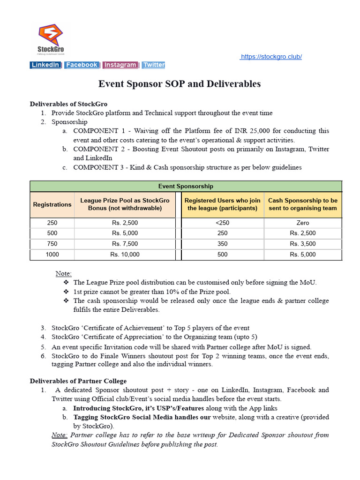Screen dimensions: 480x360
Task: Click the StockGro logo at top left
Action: click(x=51, y=40)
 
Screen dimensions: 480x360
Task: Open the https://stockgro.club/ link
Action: click(x=271, y=57)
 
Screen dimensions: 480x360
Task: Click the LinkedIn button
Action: click(x=45, y=65)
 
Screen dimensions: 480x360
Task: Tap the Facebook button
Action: click(x=82, y=65)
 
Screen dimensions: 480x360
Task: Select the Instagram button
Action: click(x=120, y=65)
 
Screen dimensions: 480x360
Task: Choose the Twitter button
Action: click(x=154, y=65)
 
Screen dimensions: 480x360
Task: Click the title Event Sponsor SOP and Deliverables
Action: click(x=180, y=84)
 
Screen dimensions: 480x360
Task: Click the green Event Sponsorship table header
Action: click(x=186, y=186)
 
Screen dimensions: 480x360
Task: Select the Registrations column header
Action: click(x=52, y=204)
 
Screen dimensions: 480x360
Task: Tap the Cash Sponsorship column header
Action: click(x=302, y=204)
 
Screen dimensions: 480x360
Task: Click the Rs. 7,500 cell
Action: click(x=125, y=244)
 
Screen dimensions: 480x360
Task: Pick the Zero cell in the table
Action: click(x=302, y=223)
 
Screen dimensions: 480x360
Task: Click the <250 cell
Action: click(x=222, y=223)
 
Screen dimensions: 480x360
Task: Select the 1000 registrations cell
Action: click(x=52, y=255)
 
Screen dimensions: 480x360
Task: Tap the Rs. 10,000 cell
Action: click(x=125, y=255)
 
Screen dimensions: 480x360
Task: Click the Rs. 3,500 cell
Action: click(x=302, y=244)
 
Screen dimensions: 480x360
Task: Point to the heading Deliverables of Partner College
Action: click(x=78, y=381)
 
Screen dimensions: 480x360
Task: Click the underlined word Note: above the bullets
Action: click(x=64, y=273)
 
